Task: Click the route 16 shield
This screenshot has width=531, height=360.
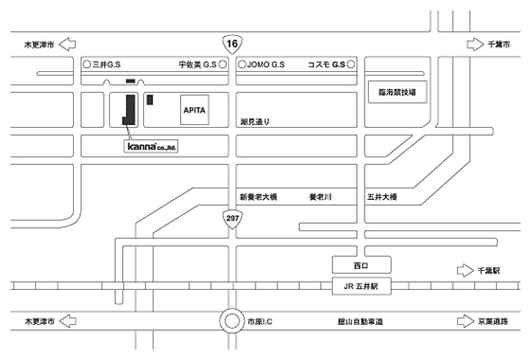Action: [232, 44]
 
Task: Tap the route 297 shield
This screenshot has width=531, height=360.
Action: [232, 219]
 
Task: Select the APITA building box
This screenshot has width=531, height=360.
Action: [194, 110]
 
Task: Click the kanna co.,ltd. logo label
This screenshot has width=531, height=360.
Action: [151, 147]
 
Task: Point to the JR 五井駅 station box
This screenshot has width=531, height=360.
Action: [361, 286]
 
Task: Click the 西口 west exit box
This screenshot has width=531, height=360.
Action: [361, 265]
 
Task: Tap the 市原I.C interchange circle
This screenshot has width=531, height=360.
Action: [232, 320]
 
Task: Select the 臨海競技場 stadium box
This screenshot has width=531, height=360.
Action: [397, 92]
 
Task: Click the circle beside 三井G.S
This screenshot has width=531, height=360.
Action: [87, 64]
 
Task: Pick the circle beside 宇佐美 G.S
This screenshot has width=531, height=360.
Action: [223, 64]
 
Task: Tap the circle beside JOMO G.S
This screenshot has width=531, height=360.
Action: [242, 64]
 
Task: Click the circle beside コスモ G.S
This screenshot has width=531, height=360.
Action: [351, 64]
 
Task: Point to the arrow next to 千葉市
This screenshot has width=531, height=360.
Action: [475, 44]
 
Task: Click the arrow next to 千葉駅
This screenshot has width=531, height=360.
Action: [465, 271]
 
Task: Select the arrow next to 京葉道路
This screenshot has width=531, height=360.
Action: [465, 321]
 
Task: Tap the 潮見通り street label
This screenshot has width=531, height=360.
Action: [255, 121]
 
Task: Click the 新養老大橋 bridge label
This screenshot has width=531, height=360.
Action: [258, 197]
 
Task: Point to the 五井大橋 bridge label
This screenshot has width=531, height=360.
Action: [382, 197]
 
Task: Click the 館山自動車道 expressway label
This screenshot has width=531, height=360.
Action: [360, 321]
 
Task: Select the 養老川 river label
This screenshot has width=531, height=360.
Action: [320, 197]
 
